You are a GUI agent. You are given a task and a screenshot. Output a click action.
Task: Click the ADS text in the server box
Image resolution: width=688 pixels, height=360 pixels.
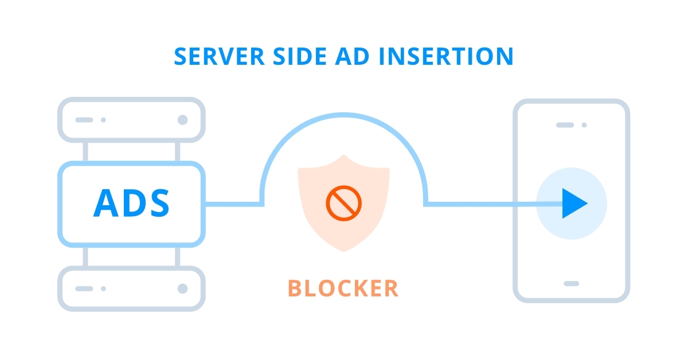[131, 204]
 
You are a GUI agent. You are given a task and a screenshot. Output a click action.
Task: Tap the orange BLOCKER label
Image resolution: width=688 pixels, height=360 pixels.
[343, 288]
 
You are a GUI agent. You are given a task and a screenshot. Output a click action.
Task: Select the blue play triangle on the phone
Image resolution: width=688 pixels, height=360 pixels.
[574, 204]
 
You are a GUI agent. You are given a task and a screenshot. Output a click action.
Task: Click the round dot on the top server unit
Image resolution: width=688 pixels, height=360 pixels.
[182, 120]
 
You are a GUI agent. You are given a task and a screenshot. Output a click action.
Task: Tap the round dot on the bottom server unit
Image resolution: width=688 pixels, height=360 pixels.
[182, 288]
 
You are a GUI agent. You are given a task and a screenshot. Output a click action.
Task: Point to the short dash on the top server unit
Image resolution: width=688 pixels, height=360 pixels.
[84, 120]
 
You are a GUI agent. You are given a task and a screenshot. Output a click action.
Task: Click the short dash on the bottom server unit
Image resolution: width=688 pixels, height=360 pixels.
[84, 288]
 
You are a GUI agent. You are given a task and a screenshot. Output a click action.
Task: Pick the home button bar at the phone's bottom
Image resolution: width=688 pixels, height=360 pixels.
[571, 283]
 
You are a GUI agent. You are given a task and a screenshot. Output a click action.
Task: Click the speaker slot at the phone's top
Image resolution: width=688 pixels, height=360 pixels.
[565, 124]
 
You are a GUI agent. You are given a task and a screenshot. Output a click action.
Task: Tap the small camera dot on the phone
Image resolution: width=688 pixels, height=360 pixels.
[584, 124]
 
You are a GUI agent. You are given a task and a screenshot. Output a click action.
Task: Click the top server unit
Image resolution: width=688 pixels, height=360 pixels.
[132, 120]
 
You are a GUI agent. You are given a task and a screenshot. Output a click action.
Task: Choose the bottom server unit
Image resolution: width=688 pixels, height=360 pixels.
[132, 288]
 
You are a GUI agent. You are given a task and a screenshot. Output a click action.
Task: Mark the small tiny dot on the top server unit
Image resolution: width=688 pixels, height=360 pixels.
[103, 120]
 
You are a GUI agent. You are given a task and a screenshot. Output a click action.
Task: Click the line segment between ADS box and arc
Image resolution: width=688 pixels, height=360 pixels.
[232, 204]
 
